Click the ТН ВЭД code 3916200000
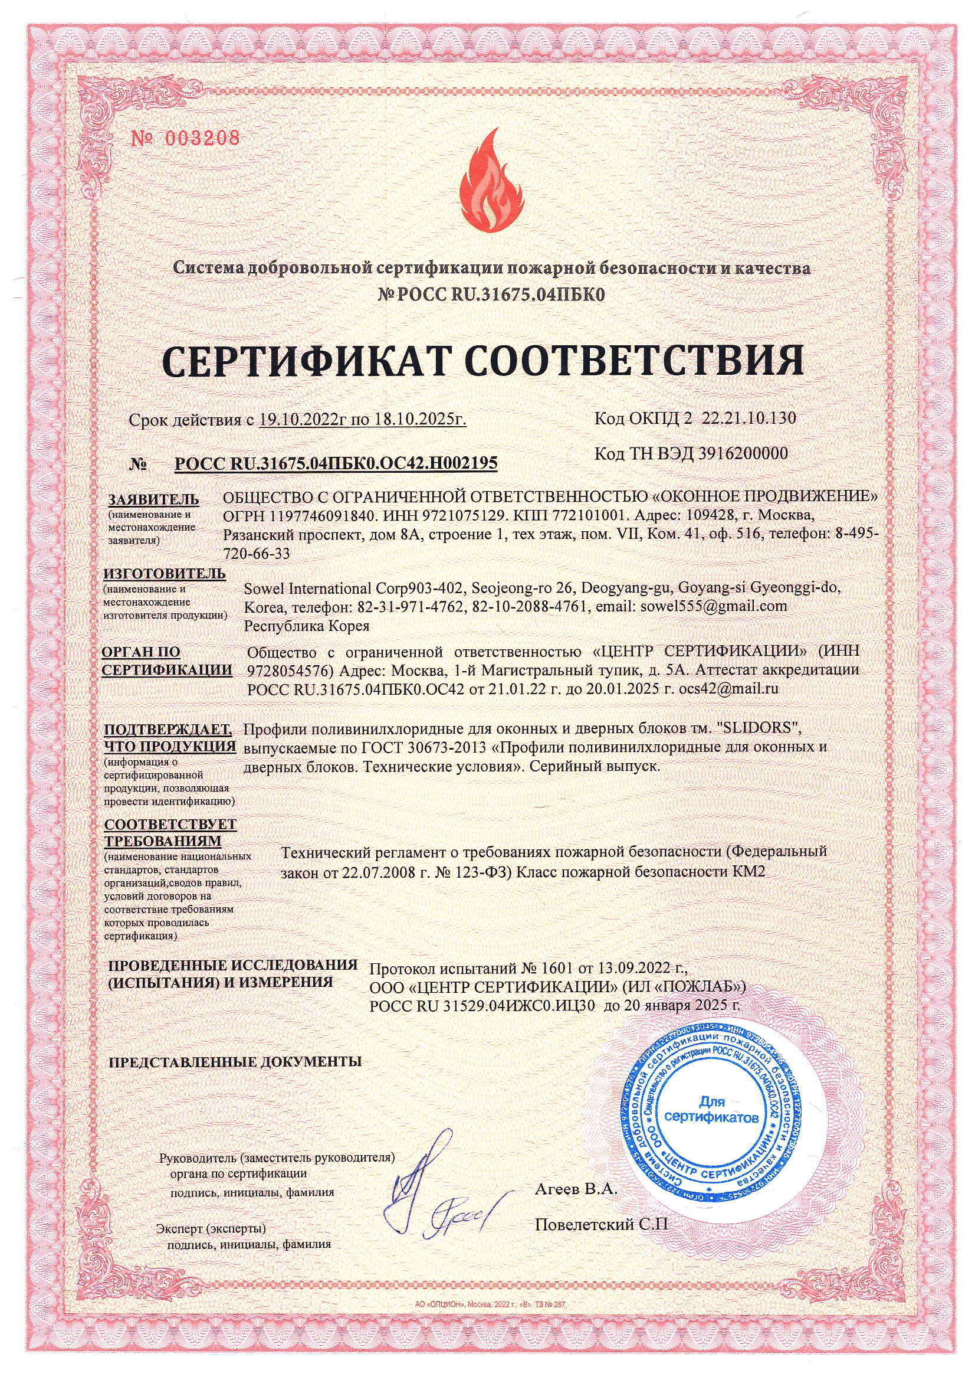pos(743,453)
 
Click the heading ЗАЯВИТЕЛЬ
pos(153,499)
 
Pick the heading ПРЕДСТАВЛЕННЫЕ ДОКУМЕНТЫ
pos(234,1061)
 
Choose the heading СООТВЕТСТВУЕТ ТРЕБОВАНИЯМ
pos(170,832)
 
